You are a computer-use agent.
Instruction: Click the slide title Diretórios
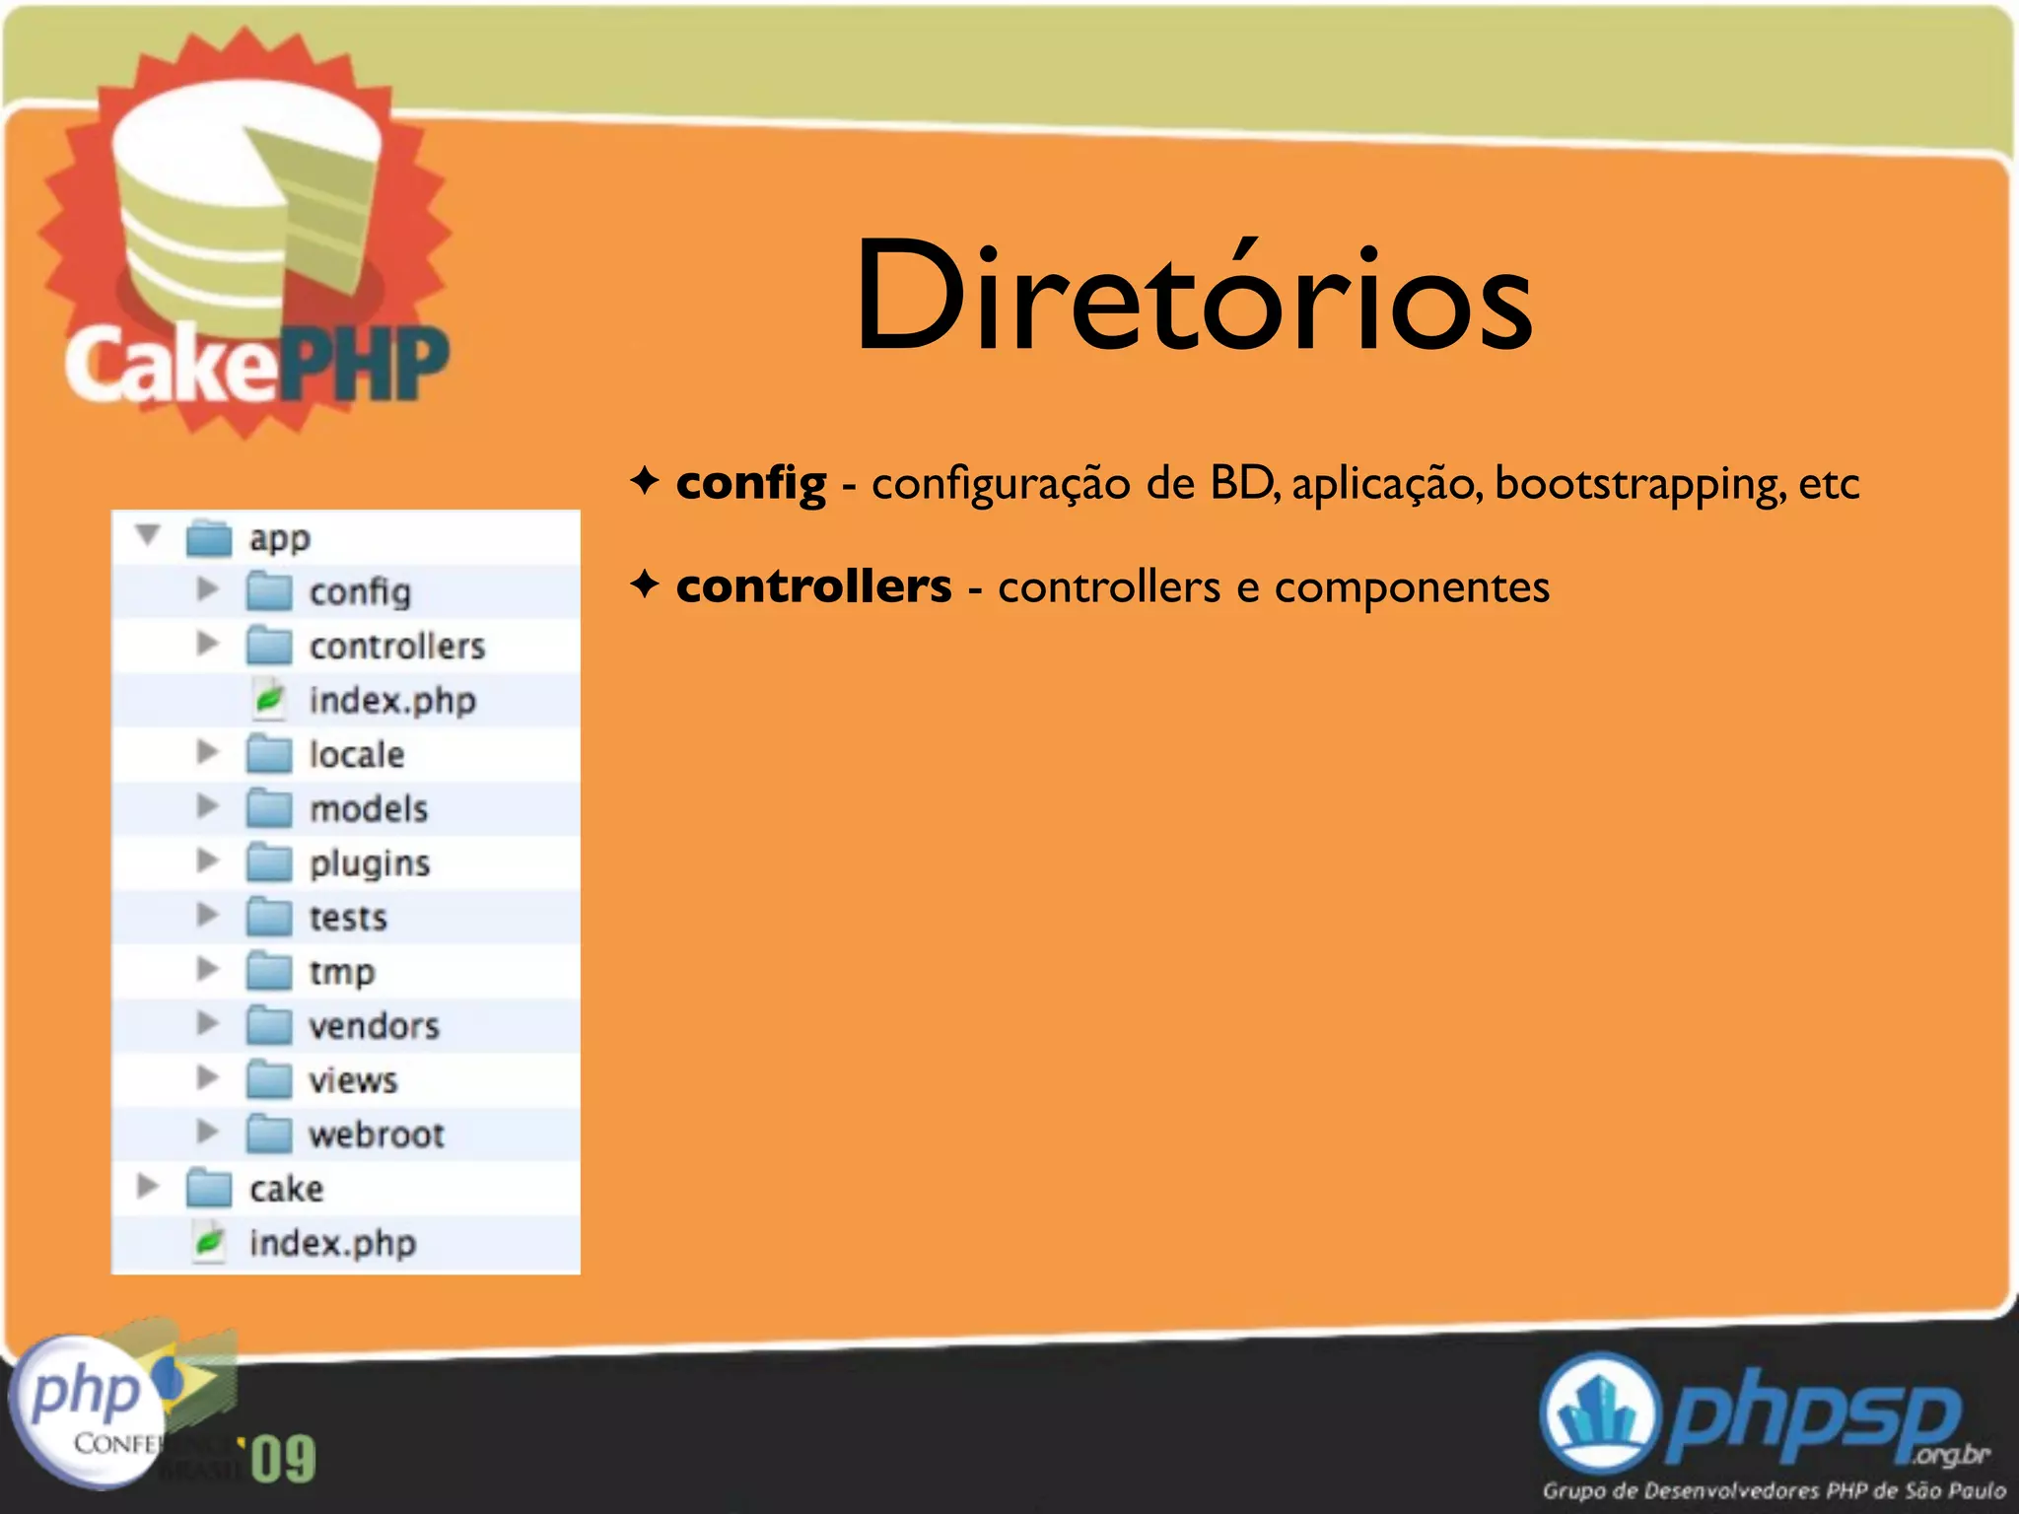point(1193,296)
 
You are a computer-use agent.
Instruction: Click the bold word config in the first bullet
point(750,483)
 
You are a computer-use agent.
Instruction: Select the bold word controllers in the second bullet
point(813,586)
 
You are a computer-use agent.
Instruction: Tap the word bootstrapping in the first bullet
point(1639,484)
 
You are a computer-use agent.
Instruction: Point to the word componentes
point(1412,588)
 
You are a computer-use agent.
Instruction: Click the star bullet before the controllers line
point(644,585)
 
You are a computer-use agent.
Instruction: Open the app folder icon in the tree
point(209,538)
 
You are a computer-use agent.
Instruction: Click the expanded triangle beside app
point(148,535)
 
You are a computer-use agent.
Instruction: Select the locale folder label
point(357,755)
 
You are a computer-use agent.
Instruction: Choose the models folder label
point(369,809)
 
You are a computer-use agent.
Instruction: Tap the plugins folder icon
point(269,863)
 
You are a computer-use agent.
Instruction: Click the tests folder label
point(348,918)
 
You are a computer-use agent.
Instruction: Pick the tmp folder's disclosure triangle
point(207,969)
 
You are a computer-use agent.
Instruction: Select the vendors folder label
point(374,1026)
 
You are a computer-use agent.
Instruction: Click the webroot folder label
point(377,1135)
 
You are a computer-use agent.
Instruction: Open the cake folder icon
point(209,1189)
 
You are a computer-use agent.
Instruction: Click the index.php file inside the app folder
point(392,701)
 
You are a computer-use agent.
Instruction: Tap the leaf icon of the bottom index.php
point(209,1243)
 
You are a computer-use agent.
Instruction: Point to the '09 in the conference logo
point(283,1459)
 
